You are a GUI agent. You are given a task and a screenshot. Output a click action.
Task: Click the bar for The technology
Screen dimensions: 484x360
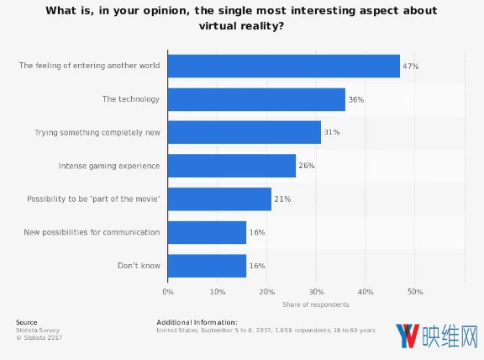click(256, 99)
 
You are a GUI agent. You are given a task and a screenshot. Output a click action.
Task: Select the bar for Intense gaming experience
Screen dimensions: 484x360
click(232, 166)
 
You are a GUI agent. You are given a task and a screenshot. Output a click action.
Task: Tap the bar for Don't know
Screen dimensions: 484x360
click(207, 266)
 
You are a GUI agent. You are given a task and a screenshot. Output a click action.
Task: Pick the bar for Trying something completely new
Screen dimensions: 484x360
click(245, 132)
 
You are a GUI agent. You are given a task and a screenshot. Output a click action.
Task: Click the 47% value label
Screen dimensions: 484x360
click(411, 66)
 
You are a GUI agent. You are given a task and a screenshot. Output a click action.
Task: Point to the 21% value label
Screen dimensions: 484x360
click(282, 199)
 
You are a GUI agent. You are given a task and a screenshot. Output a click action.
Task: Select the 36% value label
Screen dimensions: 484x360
click(356, 99)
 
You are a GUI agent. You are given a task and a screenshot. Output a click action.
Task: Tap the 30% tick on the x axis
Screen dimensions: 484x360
click(317, 292)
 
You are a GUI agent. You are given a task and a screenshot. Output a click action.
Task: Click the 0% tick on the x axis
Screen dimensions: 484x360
click(168, 292)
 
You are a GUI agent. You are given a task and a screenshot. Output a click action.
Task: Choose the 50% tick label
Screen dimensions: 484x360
click(415, 292)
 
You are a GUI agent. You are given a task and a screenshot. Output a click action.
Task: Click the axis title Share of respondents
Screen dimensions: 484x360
click(316, 304)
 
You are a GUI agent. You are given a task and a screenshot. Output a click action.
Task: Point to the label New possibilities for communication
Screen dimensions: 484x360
click(92, 232)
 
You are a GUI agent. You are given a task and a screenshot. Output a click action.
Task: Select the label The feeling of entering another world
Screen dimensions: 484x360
click(90, 66)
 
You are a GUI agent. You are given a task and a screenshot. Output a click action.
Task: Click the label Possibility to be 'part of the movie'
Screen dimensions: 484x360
click(93, 199)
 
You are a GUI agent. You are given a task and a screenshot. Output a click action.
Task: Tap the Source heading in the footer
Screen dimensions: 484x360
click(27, 322)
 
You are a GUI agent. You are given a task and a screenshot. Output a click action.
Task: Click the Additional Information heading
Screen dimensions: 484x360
click(197, 322)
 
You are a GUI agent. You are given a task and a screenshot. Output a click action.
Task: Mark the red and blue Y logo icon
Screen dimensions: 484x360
click(408, 336)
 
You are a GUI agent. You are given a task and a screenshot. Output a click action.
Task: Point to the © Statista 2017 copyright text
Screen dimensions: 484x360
click(39, 338)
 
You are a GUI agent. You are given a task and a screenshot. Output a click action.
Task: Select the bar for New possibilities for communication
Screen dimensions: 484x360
click(207, 232)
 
